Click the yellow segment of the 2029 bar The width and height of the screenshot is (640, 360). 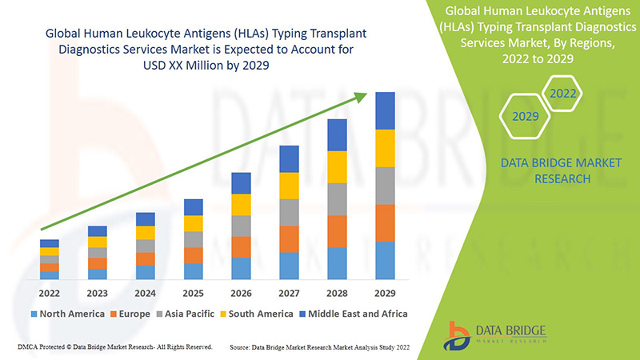pyautogui.click(x=385, y=148)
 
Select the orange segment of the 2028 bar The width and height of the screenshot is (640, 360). pyautogui.click(x=337, y=231)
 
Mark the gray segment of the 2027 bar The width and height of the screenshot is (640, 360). pyautogui.click(x=289, y=212)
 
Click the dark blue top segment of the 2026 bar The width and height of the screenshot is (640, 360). pyautogui.click(x=241, y=183)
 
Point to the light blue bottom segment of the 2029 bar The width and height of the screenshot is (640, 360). pyautogui.click(x=385, y=261)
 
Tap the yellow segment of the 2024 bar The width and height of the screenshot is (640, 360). pyautogui.click(x=145, y=233)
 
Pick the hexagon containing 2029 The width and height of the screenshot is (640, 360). pyautogui.click(x=525, y=117)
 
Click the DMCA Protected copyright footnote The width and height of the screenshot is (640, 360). pyautogui.click(x=113, y=346)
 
